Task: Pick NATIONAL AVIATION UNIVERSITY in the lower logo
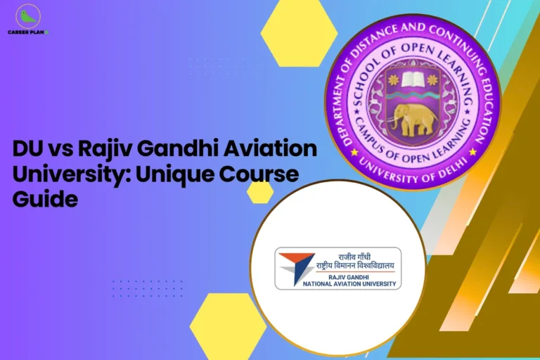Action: point(349,284)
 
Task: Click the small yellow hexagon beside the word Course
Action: point(260,192)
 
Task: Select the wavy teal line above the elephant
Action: point(413,96)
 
